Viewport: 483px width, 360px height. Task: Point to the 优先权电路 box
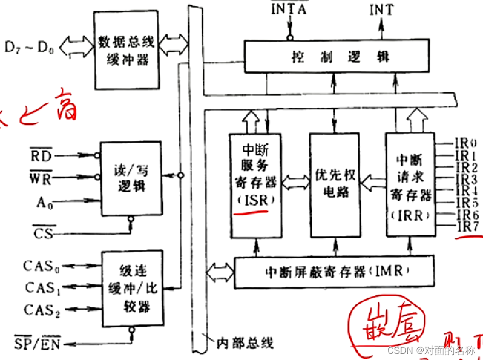[x=335, y=185]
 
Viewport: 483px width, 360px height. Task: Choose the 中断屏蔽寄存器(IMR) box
[x=334, y=272]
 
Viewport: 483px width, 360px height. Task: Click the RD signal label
[x=41, y=155]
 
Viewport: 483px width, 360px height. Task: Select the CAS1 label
[x=43, y=288]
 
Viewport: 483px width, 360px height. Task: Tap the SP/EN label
[x=37, y=342]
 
